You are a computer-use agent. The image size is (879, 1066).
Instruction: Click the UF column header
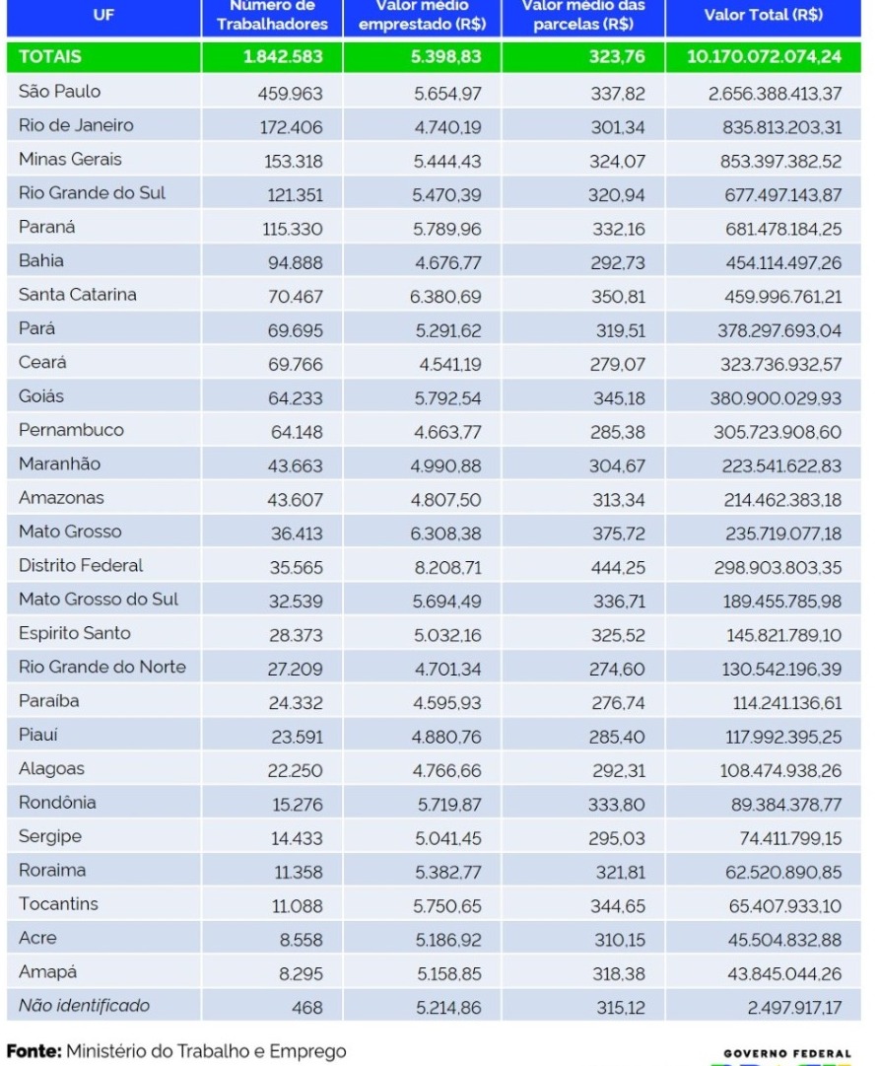(x=103, y=15)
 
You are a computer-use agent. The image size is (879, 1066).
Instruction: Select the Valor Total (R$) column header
(x=763, y=15)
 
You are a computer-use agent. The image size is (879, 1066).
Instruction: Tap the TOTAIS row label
(x=50, y=56)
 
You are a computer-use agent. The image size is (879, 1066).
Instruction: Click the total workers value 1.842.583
(x=283, y=56)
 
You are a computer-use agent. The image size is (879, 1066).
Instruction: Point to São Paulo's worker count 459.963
(x=290, y=93)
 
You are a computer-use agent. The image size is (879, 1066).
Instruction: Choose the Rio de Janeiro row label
(x=76, y=125)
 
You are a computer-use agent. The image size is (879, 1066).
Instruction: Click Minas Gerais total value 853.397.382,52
(x=780, y=161)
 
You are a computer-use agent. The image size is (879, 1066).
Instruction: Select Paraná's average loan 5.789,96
(x=447, y=229)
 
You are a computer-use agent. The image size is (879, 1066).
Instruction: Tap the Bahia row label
(x=41, y=260)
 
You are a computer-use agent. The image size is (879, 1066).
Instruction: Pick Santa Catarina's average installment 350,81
(x=618, y=297)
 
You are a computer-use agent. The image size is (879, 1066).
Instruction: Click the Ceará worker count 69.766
(x=295, y=365)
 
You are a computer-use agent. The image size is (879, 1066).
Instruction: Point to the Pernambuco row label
(x=71, y=430)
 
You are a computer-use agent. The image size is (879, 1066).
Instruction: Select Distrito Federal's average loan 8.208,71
(x=447, y=568)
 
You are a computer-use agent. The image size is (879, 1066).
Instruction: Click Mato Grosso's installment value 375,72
(x=618, y=533)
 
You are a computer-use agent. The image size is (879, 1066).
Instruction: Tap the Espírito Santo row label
(x=75, y=633)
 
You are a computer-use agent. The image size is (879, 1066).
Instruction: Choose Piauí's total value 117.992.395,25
(x=783, y=737)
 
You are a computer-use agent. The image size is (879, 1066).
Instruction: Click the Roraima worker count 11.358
(x=299, y=873)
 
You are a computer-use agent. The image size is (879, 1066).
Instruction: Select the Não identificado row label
(x=84, y=1006)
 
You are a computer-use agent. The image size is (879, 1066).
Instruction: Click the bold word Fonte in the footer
(x=34, y=1051)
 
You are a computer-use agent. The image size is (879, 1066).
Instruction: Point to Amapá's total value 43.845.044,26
(x=784, y=974)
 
